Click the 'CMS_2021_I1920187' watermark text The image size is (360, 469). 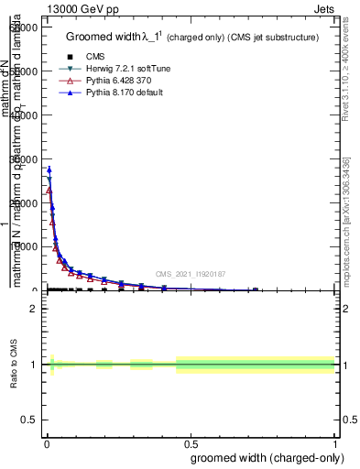(191, 274)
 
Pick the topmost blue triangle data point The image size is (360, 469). (49, 169)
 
